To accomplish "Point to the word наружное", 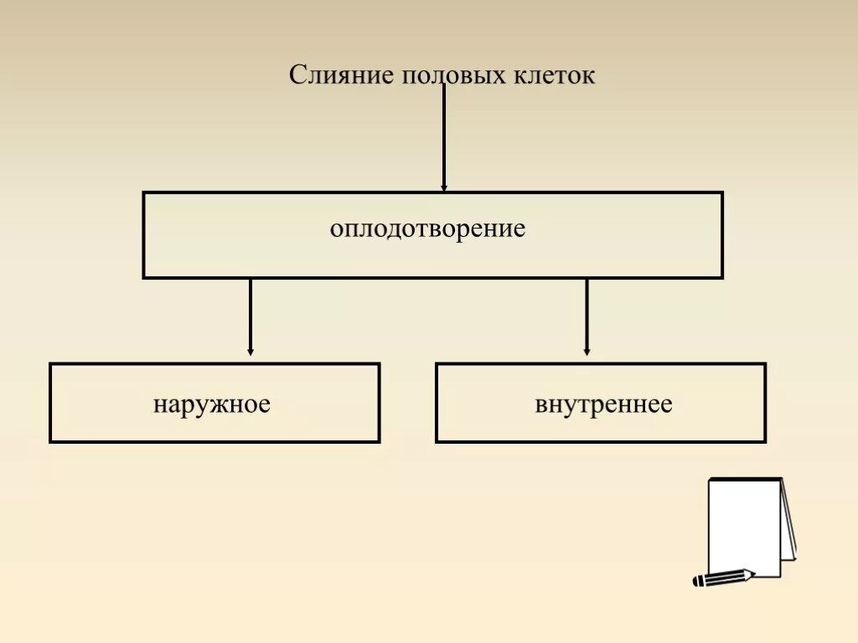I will pyautogui.click(x=211, y=404).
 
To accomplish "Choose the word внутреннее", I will pyautogui.click(x=603, y=404).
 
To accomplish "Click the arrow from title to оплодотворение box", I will pyautogui.click(x=443, y=138).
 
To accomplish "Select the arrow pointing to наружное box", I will pyautogui.click(x=250, y=316).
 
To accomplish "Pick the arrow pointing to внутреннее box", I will pyautogui.click(x=587, y=316).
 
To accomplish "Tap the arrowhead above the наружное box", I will pyautogui.click(x=250, y=352).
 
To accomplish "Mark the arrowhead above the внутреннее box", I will pyautogui.click(x=587, y=352).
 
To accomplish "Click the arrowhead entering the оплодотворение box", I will pyautogui.click(x=443, y=187).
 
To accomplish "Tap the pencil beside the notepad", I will pyautogui.click(x=723, y=578).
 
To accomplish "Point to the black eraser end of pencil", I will pyautogui.click(x=697, y=581).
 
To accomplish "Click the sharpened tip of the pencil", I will pyautogui.click(x=752, y=574).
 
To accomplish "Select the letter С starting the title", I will pyautogui.click(x=297, y=75).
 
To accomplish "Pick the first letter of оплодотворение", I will pyautogui.click(x=335, y=229).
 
